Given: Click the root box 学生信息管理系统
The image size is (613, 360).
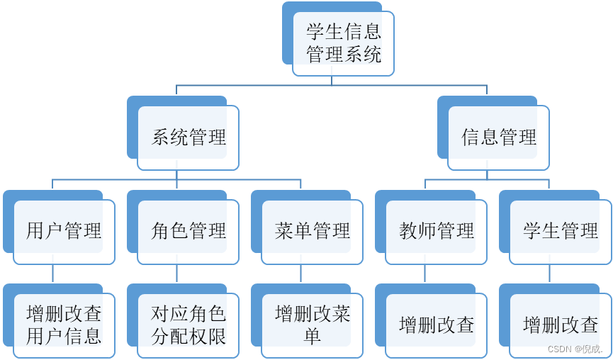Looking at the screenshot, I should [x=344, y=43].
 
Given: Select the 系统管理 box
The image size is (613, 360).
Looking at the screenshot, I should [x=189, y=137].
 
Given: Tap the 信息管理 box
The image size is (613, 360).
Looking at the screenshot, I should [x=499, y=137].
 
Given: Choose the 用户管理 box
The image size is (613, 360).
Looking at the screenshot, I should [x=64, y=231].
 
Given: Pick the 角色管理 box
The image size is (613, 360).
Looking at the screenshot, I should [x=189, y=231].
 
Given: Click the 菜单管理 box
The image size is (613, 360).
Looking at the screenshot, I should [x=313, y=231].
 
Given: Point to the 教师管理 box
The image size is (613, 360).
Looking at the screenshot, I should [x=437, y=231].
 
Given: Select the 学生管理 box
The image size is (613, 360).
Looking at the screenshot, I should [x=561, y=231].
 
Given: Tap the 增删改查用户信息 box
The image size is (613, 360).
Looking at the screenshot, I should [x=64, y=325].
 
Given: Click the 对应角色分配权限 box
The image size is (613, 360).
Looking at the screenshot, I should [x=189, y=325].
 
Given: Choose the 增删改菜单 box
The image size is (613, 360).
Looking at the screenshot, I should [x=313, y=325].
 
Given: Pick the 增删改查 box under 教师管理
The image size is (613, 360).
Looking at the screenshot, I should [x=437, y=325].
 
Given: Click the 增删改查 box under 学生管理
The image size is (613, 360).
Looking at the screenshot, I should [x=561, y=325].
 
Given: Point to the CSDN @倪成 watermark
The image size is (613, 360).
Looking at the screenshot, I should [x=575, y=349].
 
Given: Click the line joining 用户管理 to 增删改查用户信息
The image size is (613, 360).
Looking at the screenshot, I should [x=53, y=274].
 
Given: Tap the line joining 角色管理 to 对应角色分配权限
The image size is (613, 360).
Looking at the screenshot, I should [x=177, y=274].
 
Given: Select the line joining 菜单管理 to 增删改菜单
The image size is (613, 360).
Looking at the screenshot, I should [x=301, y=274].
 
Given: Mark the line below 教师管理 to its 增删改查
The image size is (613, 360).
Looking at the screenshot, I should [x=425, y=274].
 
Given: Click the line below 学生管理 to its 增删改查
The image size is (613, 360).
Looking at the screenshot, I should [x=549, y=274].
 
